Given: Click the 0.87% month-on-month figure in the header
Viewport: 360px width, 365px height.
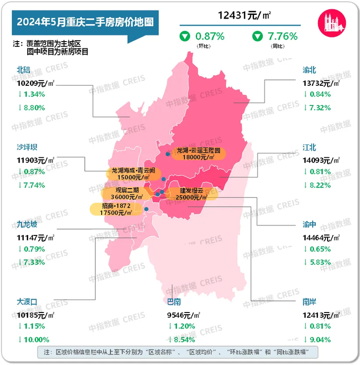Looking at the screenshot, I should [208, 36].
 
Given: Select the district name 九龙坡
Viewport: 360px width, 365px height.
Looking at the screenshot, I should [28, 225].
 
